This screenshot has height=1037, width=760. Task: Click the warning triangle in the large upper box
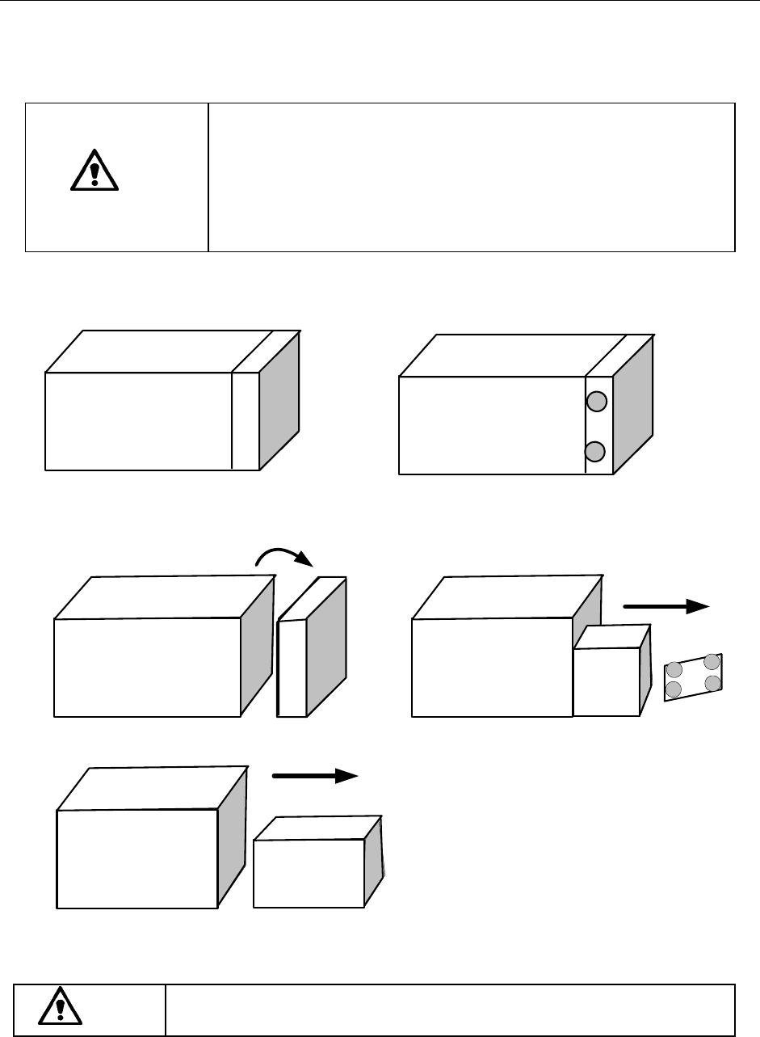94,170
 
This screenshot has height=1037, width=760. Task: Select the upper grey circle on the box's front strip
595,401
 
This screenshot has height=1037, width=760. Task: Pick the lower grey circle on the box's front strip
595,451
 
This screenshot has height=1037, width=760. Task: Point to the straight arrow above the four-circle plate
666,606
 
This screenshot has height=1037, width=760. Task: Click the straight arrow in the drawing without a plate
315,776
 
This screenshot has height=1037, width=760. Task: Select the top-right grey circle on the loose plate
712,663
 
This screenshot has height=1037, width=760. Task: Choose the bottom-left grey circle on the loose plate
673,690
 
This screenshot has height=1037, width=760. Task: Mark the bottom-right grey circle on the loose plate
712,684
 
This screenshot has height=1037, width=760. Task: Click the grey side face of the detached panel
327,647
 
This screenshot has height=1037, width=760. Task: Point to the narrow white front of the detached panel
292,668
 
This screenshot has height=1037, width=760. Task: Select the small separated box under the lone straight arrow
309,873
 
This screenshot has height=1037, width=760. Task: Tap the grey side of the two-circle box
633,404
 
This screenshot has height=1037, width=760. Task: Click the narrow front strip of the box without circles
246,420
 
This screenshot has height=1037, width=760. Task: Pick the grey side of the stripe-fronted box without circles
279,400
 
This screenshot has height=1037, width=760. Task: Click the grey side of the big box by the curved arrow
256,647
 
